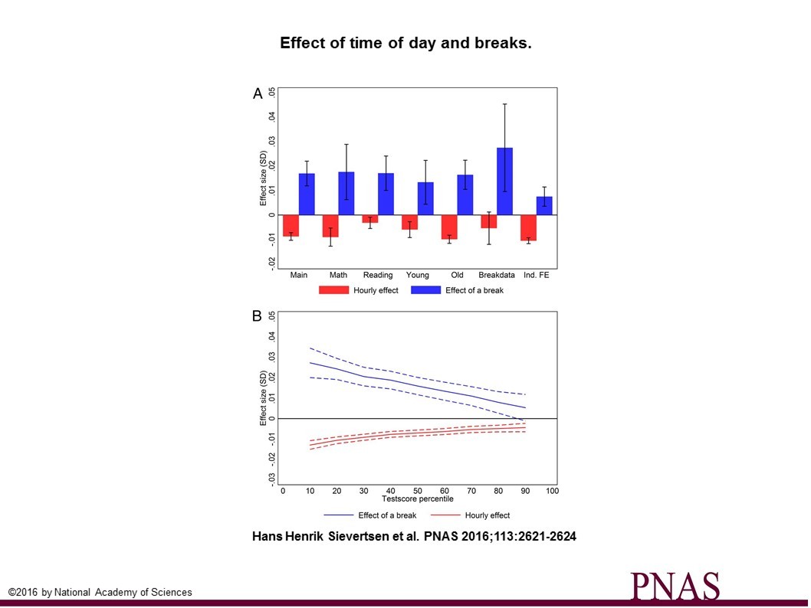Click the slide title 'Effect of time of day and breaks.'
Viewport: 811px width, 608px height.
click(405, 44)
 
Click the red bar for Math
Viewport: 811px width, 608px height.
click(330, 226)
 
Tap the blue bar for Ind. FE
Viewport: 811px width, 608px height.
click(544, 205)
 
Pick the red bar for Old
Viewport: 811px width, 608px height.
click(449, 227)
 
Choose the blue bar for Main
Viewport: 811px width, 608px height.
click(307, 194)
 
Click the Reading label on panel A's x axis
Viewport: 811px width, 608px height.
click(378, 275)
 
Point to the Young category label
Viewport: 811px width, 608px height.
click(418, 275)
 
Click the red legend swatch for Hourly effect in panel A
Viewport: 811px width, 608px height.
click(333, 290)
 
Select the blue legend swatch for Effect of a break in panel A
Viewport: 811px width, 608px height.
click(425, 290)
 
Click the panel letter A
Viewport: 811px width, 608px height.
click(258, 93)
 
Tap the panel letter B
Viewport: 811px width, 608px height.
click(258, 316)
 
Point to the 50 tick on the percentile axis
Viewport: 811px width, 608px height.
click(418, 490)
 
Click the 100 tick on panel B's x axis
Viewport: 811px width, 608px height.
click(552, 490)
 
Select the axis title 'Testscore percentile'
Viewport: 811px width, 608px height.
click(418, 499)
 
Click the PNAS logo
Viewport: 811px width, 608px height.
click(675, 586)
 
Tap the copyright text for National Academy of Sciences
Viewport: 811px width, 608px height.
click(100, 592)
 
